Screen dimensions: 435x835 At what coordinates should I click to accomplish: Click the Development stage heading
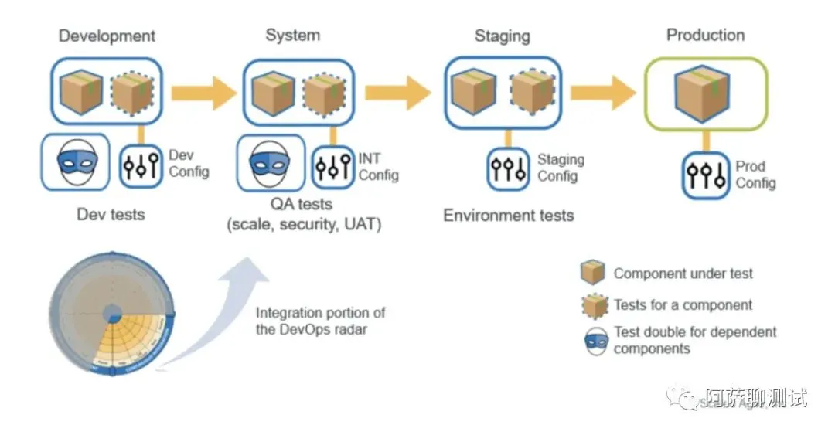[107, 36]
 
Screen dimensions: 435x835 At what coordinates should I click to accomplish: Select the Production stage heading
[705, 35]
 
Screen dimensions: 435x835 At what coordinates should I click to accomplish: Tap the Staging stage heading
[502, 36]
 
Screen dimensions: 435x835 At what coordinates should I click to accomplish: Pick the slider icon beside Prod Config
[705, 175]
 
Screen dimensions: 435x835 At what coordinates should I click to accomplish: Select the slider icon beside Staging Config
[508, 168]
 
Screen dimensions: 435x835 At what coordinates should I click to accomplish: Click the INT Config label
[378, 166]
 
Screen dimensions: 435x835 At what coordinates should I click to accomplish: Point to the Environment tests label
[508, 216]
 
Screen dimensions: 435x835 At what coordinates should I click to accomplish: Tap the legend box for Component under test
[592, 273]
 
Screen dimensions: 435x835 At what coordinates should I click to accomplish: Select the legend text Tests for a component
[683, 305]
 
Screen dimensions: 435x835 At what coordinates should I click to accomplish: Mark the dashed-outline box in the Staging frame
[532, 91]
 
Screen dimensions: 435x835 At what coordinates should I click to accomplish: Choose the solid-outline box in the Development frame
[81, 91]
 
